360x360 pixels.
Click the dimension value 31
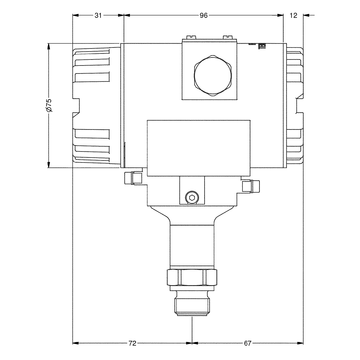coord(98,15)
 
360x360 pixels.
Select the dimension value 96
coord(203,15)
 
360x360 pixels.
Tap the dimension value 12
coord(293,15)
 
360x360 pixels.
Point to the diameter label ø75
coord(49,105)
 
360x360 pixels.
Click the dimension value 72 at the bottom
coord(133,343)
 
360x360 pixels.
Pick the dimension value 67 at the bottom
coord(247,343)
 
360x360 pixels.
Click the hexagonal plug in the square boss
coord(212,76)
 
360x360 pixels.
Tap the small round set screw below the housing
coord(192,197)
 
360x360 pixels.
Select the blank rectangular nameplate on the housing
coord(199,148)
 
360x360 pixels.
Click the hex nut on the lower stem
coord(192,277)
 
